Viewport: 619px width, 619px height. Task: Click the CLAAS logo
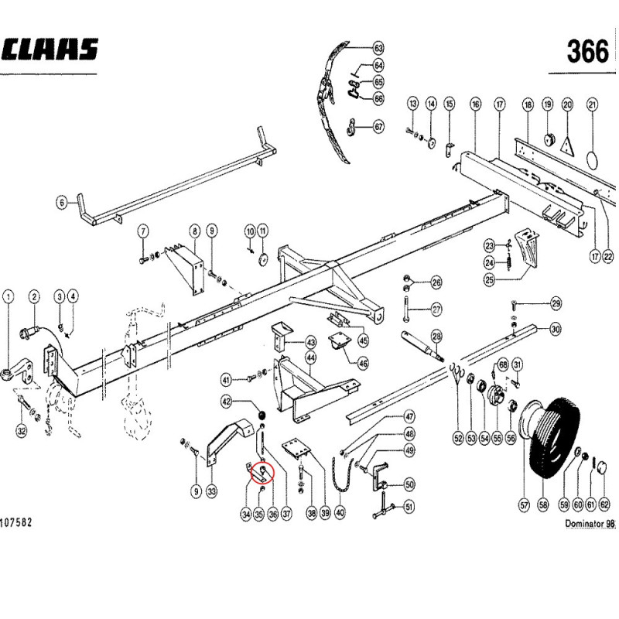coord(49,49)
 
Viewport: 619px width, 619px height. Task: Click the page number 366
coord(588,52)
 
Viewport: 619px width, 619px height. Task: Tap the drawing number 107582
coord(15,523)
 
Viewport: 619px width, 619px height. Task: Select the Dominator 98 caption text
coord(590,524)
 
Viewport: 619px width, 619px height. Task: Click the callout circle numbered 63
coord(378,48)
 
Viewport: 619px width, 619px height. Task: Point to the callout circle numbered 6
coord(62,203)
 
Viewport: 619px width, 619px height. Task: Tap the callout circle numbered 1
coord(9,296)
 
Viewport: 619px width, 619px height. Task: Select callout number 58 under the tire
coord(543,504)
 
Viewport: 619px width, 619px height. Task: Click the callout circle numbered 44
coord(311,358)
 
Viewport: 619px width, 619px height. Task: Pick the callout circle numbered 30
coord(555,329)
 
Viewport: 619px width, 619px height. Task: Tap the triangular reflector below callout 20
coord(567,145)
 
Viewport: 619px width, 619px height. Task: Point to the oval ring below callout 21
coord(593,160)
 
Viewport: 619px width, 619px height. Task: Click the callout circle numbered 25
coord(490,280)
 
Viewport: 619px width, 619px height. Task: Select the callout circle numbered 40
coord(340,512)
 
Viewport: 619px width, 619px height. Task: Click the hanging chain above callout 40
coord(342,474)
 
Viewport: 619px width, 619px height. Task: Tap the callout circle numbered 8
coord(195,231)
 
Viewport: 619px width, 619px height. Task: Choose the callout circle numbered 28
coord(436,337)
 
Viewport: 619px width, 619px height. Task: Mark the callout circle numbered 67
coord(378,127)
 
